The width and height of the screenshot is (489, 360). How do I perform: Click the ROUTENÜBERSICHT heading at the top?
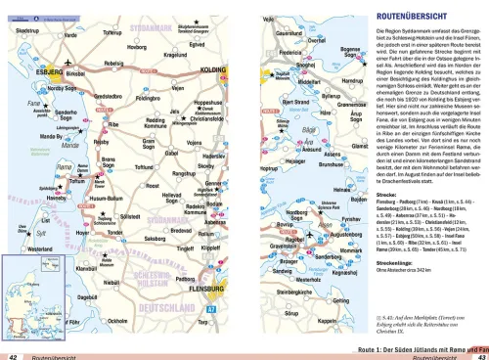[x=411, y=17]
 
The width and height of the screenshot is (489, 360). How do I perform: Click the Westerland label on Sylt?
[x=27, y=249]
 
